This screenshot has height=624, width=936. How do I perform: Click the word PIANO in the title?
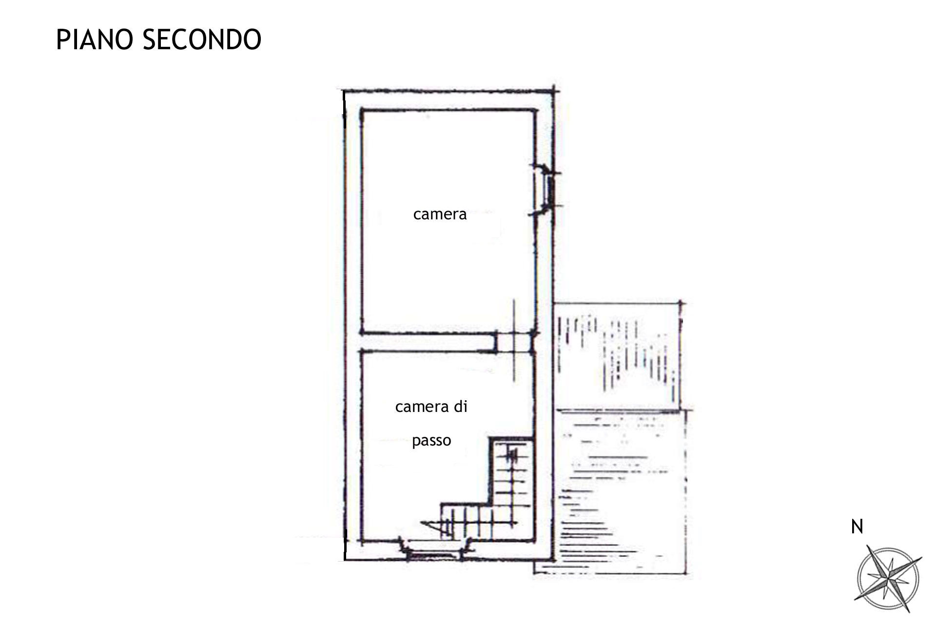tap(95, 39)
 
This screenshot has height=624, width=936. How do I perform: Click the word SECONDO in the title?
tap(202, 39)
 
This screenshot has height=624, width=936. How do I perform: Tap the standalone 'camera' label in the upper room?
tap(440, 214)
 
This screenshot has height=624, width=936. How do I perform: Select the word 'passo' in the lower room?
tap(431, 441)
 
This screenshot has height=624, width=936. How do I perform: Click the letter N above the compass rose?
tap(857, 526)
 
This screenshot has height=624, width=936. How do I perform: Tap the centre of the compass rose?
tap(888, 578)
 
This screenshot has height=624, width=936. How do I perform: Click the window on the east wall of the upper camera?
tap(545, 189)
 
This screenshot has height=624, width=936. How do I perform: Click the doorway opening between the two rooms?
tap(514, 342)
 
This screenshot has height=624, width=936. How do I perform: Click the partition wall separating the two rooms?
tap(429, 342)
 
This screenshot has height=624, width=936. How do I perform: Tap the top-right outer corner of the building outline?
tap(554, 91)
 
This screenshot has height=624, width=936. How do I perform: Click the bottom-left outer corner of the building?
tap(344, 560)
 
